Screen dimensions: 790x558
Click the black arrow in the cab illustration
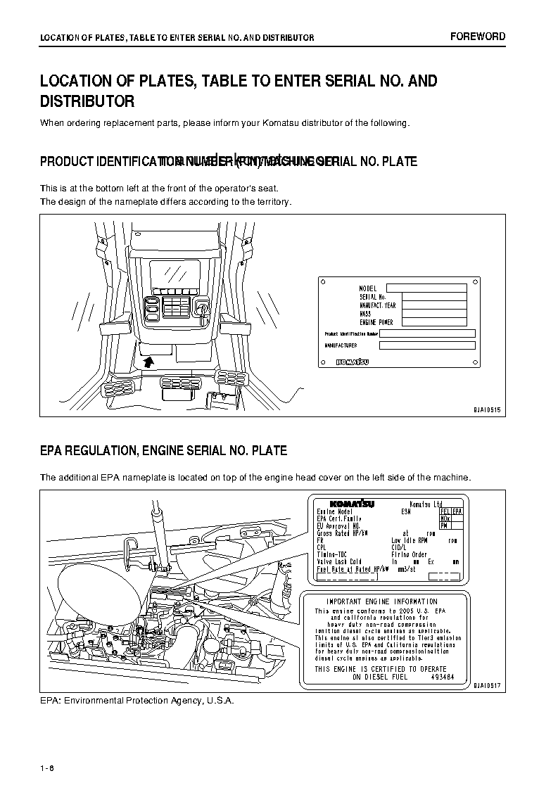pyautogui.click(x=148, y=362)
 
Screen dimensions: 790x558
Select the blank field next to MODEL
pyautogui.click(x=426, y=288)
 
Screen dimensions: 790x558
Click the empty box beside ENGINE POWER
pyautogui.click(x=434, y=321)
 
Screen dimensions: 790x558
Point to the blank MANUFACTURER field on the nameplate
pyautogui.click(x=427, y=345)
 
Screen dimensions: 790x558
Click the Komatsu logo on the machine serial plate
pyautogui.click(x=352, y=362)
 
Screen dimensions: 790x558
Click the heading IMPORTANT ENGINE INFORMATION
pyautogui.click(x=381, y=601)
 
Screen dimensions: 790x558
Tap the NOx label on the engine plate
pyautogui.click(x=444, y=518)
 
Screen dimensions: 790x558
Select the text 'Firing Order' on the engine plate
pyautogui.click(x=410, y=554)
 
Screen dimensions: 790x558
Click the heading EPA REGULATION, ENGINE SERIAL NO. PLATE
pyautogui.click(x=163, y=450)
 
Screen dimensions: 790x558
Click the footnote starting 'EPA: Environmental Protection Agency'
pyautogui.click(x=137, y=701)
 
